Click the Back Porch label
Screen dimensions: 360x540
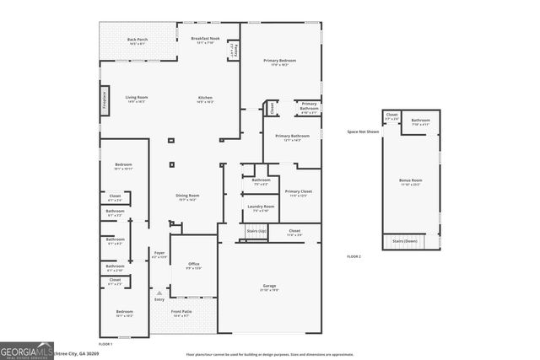click(137, 40)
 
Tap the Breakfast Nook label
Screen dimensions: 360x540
click(206, 40)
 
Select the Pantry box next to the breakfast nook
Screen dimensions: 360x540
click(234, 51)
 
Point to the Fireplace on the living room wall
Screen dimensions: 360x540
click(105, 99)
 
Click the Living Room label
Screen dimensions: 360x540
click(137, 99)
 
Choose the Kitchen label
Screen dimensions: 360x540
click(205, 99)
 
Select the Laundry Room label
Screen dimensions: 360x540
click(261, 208)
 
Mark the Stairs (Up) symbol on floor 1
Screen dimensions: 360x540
click(256, 230)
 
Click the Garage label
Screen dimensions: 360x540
click(268, 288)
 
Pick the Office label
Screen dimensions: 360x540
click(193, 266)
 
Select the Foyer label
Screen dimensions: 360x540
click(159, 255)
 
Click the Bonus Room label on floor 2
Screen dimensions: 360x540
click(410, 181)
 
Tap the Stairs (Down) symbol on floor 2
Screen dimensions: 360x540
click(406, 242)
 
